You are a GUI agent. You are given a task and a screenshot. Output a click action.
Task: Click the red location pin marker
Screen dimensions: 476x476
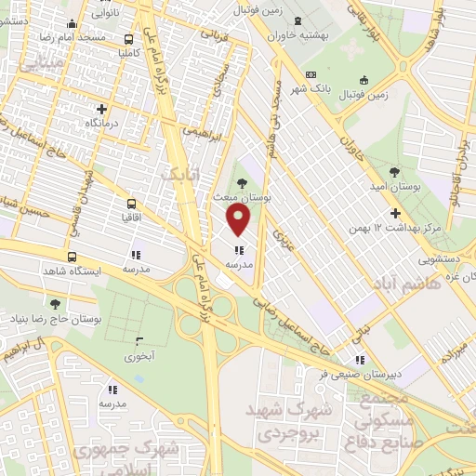[x=239, y=220]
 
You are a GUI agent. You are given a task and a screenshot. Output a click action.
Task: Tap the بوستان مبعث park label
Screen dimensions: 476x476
[x=267, y=199]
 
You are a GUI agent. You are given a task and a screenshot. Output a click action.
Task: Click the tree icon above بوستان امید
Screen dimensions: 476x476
[x=395, y=172]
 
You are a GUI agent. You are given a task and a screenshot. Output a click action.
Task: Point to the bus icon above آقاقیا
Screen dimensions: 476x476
[x=130, y=203]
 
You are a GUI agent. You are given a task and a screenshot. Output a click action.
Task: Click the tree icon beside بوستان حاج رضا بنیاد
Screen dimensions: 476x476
[x=55, y=304]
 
